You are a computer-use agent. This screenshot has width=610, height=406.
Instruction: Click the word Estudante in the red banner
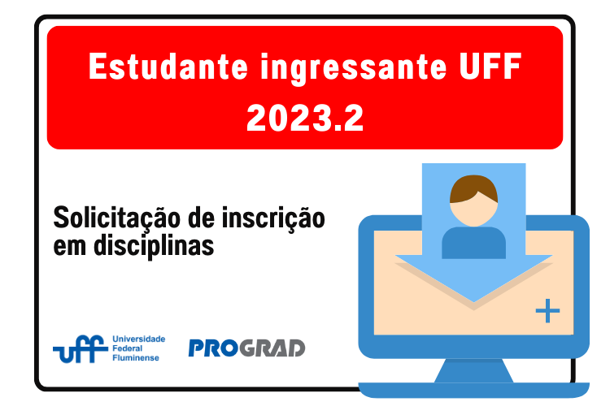(x=168, y=67)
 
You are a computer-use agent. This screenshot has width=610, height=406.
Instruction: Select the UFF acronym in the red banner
(x=490, y=67)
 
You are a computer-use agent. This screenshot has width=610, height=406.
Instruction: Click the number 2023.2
(x=305, y=118)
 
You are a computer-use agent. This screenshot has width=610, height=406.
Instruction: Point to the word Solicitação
(x=116, y=218)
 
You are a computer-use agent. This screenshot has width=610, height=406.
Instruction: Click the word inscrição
(x=273, y=218)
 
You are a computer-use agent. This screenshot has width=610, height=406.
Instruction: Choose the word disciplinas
(x=154, y=246)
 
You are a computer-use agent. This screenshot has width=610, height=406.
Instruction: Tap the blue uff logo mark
(x=81, y=349)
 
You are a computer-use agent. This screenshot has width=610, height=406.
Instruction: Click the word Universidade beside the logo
(x=138, y=339)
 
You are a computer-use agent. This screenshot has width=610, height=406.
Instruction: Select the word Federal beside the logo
(x=127, y=348)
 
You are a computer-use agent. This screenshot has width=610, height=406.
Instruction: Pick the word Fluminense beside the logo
(x=135, y=357)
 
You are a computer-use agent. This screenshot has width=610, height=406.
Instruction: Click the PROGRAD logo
(x=246, y=348)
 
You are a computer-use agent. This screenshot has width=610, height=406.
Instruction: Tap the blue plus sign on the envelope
(x=547, y=310)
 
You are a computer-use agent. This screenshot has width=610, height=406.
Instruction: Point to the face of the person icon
(x=473, y=212)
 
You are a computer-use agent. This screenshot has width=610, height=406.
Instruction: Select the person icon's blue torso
(x=473, y=243)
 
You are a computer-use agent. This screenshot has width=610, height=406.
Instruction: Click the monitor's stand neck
(x=473, y=370)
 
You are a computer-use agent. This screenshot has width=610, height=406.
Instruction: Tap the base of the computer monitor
(x=473, y=390)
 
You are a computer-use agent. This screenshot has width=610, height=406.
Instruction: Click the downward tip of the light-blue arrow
(x=473, y=302)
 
